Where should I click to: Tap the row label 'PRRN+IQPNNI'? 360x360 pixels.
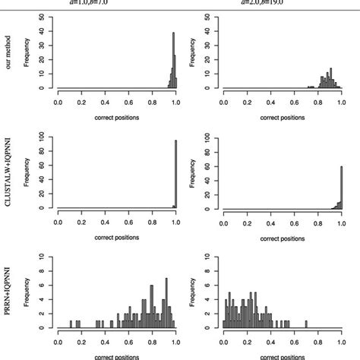pyautogui.click(x=8, y=293)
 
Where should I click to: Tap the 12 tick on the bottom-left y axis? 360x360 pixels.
pyautogui.click(x=46, y=258)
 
